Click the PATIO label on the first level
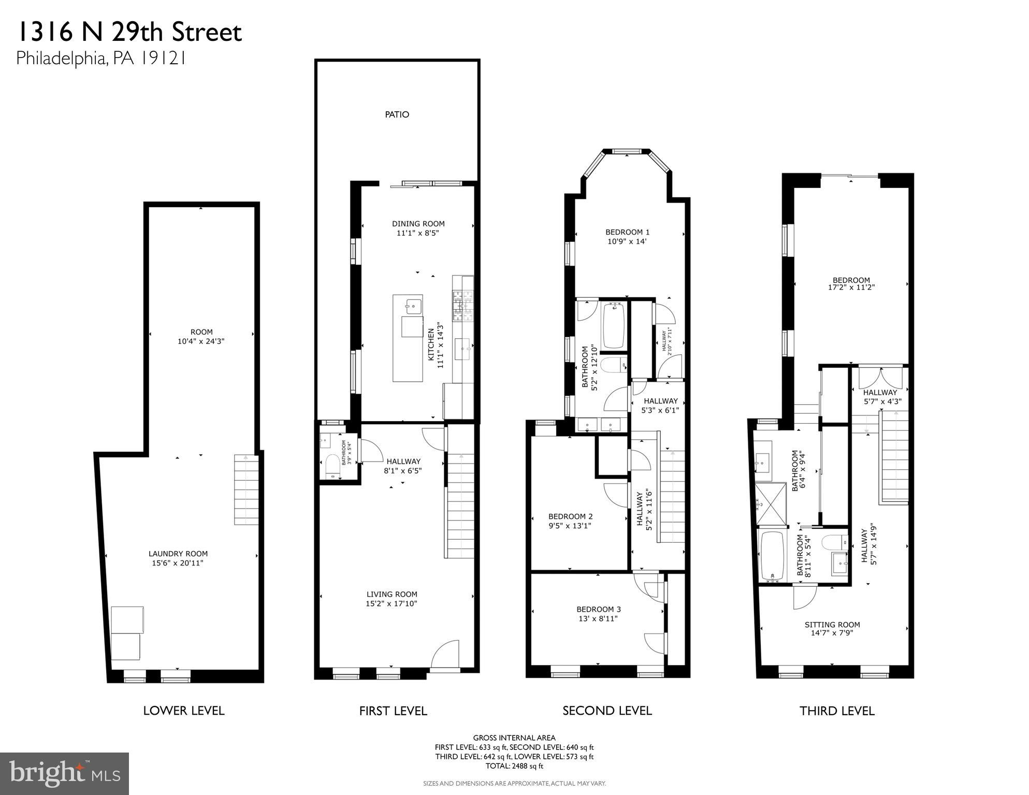pyautogui.click(x=397, y=114)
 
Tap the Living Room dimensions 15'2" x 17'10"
pyautogui.click(x=392, y=603)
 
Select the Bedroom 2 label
pyautogui.click(x=570, y=516)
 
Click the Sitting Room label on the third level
pyautogui.click(x=832, y=625)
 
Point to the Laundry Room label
pyautogui.click(x=178, y=554)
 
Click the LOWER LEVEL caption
pyautogui.click(x=184, y=711)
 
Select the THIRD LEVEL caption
pyautogui.click(x=836, y=711)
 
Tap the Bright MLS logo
pyautogui.click(x=64, y=773)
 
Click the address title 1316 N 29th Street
pyautogui.click(x=129, y=32)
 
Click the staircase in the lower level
pyautogui.click(x=246, y=490)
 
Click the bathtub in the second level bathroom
pyautogui.click(x=614, y=326)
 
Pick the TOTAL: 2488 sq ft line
pyautogui.click(x=514, y=766)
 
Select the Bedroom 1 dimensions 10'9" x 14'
pyautogui.click(x=627, y=241)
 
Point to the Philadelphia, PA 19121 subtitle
pyautogui.click(x=101, y=59)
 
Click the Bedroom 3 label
pyautogui.click(x=598, y=610)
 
